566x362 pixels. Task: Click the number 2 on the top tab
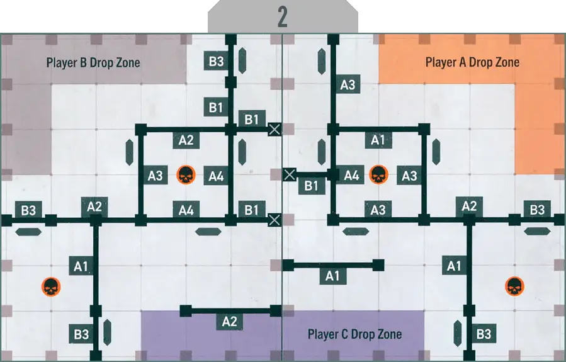point(283,17)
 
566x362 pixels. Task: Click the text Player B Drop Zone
point(93,62)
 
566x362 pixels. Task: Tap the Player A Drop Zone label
point(472,62)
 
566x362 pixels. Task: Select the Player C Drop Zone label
point(354,334)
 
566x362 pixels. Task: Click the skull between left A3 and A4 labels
point(185,176)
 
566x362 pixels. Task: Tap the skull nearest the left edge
point(50,287)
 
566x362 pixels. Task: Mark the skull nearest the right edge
point(514,287)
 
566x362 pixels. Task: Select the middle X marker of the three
point(290,174)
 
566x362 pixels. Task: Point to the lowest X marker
point(275,219)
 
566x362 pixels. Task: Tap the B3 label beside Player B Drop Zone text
point(216,61)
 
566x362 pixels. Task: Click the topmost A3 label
point(348,84)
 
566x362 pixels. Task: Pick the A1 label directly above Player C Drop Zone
point(333,276)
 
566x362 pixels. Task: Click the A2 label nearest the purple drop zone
point(230,322)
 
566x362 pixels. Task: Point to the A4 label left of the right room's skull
point(351,176)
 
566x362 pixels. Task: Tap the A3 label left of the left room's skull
point(156,176)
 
